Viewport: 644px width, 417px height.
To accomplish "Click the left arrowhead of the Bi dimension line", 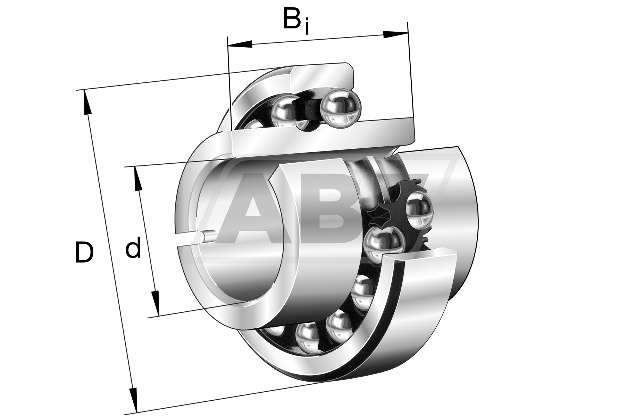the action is (x=240, y=44).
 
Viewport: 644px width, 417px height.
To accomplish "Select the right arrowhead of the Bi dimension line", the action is (x=395, y=34).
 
